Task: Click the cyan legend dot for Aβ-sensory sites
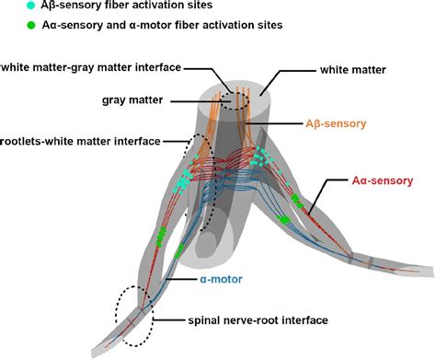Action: pos(8,6)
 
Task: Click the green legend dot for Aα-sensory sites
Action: pos(8,28)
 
